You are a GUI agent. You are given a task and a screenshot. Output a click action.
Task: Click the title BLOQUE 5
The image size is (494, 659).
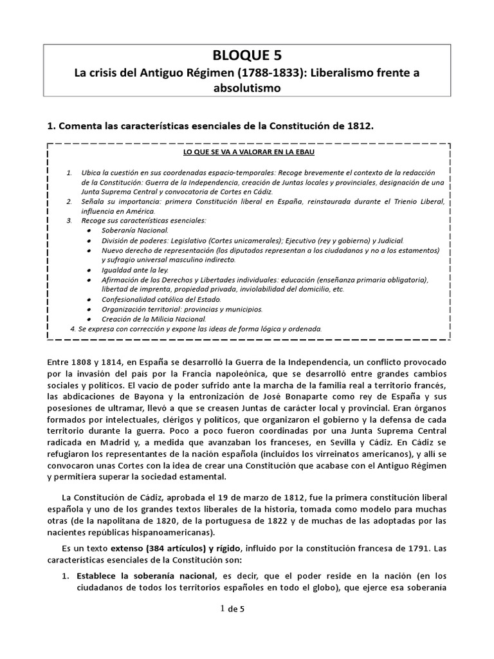pos(246,55)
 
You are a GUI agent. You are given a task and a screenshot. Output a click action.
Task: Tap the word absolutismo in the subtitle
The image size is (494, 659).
pos(246,88)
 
